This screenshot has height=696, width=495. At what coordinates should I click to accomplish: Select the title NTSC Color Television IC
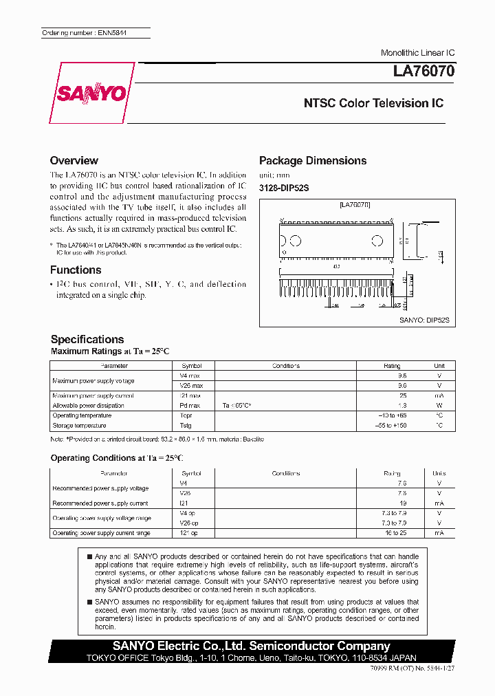(373, 103)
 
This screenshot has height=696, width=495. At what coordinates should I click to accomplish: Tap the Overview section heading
(74, 160)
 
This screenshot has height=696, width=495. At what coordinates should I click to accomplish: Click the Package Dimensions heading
(312, 160)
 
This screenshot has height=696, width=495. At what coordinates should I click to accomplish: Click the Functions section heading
(76, 270)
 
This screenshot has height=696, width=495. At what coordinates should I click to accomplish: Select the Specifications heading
(87, 339)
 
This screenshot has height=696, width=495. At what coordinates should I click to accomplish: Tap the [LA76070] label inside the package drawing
(355, 205)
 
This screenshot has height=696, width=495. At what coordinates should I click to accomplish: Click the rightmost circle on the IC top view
(377, 241)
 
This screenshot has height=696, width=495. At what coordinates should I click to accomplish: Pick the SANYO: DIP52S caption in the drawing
(423, 320)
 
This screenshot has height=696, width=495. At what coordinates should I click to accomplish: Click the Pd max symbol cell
(190, 406)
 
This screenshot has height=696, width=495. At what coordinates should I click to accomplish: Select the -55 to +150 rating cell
(391, 426)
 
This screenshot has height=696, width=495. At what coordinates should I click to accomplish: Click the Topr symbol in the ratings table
(186, 415)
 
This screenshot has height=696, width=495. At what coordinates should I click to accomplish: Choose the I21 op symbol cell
(190, 533)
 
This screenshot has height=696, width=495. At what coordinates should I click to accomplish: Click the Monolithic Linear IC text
(417, 53)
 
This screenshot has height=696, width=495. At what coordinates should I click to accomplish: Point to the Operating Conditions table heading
(118, 458)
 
